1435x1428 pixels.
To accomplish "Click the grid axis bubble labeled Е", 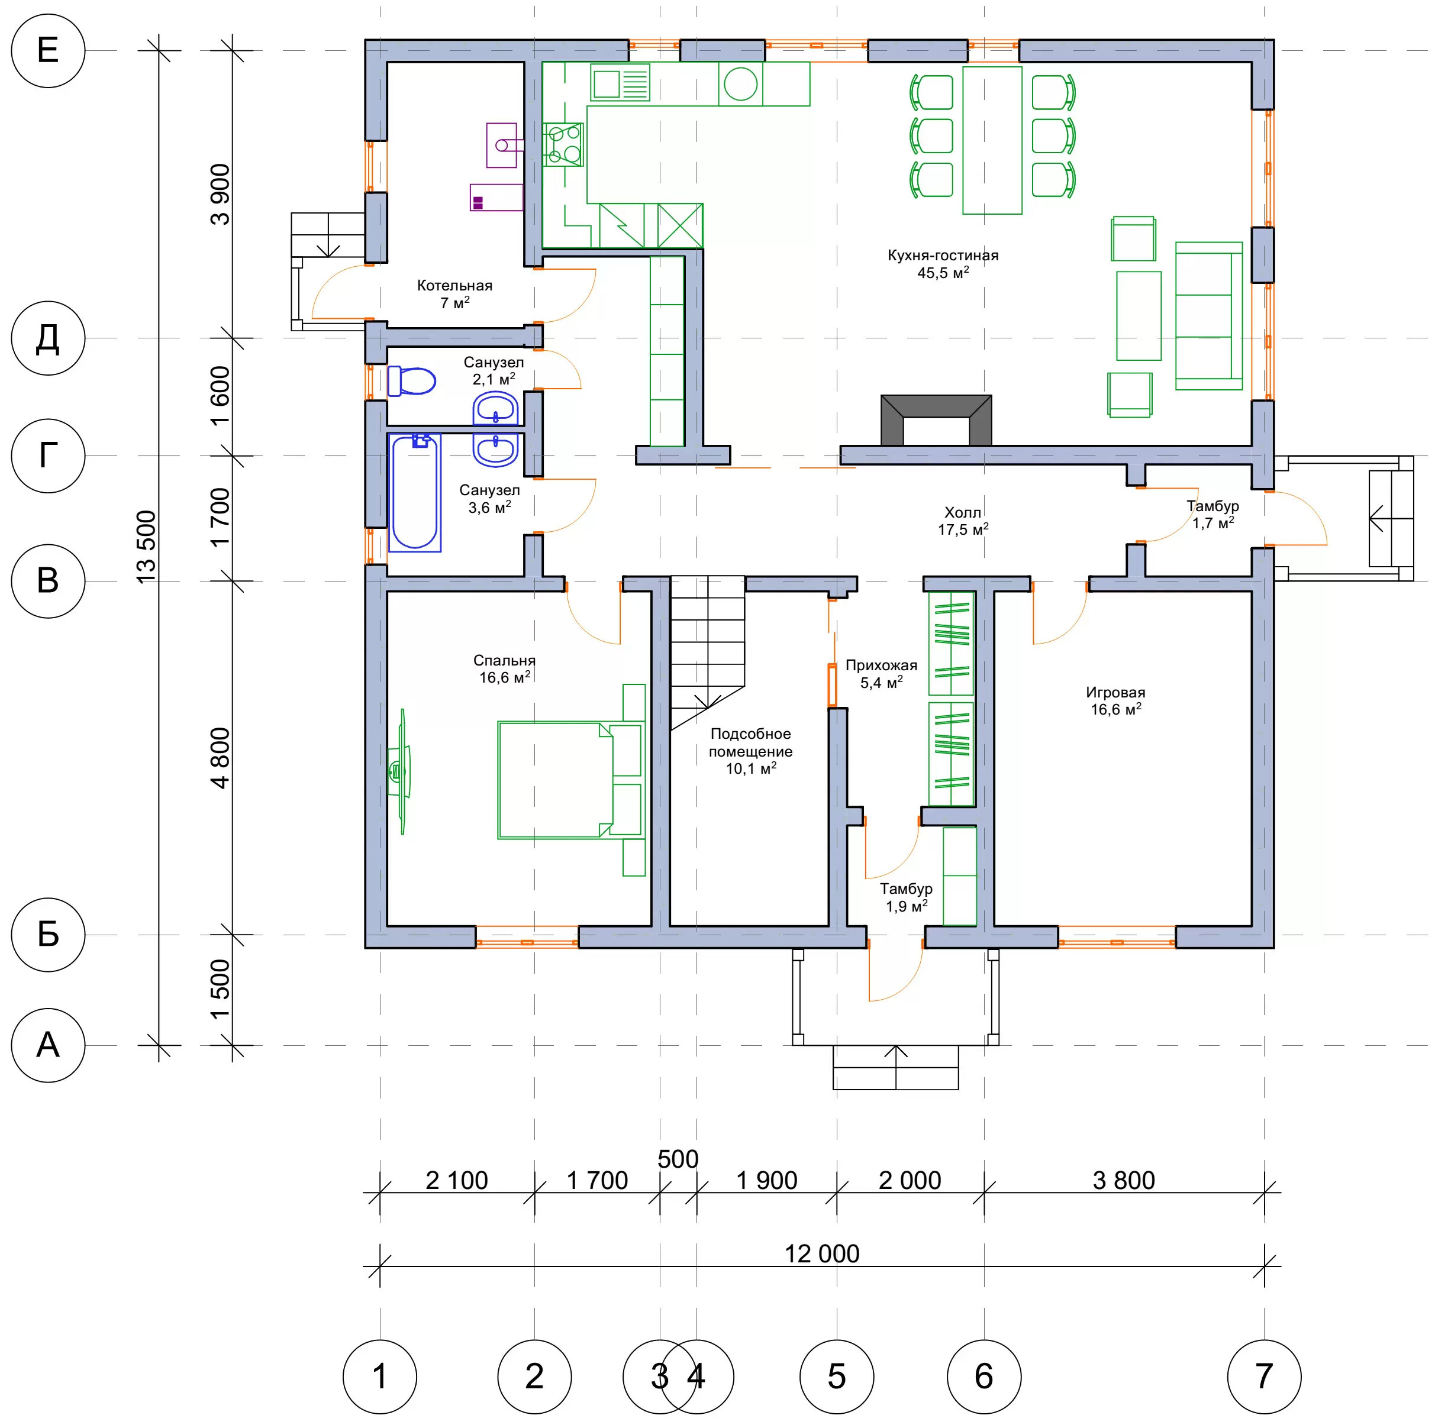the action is click(x=49, y=50).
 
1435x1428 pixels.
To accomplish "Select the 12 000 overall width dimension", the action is click(x=822, y=1253).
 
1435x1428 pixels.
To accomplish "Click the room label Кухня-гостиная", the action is click(x=943, y=256).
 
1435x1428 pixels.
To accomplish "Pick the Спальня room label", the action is click(x=504, y=660).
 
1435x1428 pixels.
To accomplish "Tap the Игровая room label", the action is click(x=1115, y=692).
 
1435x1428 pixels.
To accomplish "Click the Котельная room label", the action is click(x=454, y=285).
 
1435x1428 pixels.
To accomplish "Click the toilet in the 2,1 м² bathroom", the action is click(x=411, y=381).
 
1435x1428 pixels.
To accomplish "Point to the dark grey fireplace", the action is click(x=936, y=421).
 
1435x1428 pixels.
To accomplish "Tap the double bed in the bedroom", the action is click(x=570, y=780).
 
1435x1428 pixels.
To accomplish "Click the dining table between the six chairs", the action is click(x=992, y=140).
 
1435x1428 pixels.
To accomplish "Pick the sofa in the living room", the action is click(x=1208, y=316).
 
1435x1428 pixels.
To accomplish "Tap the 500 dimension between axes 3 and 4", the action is click(x=678, y=1159).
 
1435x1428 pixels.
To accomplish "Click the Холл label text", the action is click(x=963, y=512).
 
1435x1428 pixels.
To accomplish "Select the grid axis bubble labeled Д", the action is click(x=49, y=338).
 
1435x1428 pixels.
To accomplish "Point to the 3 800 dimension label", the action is click(x=1124, y=1180).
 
